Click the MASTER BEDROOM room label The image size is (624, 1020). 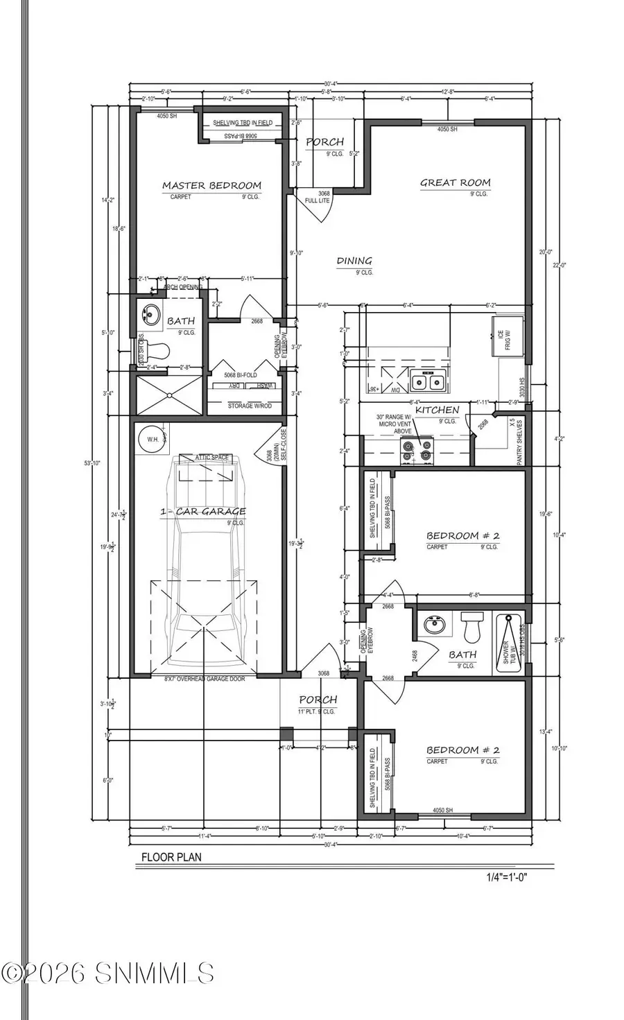211,185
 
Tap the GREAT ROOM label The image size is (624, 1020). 455,183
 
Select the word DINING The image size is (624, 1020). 354,261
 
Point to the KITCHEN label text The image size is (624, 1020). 437,410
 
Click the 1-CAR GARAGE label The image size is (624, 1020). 203,512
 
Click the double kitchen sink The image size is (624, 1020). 426,381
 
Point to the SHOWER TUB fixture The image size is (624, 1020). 510,643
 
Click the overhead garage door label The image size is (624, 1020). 205,679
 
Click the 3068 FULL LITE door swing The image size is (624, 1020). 318,204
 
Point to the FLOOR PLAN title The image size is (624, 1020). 171,857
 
